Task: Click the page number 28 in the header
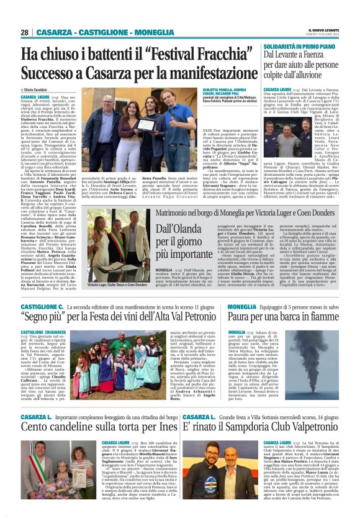coord(24,32)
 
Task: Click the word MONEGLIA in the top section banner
coord(133,32)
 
